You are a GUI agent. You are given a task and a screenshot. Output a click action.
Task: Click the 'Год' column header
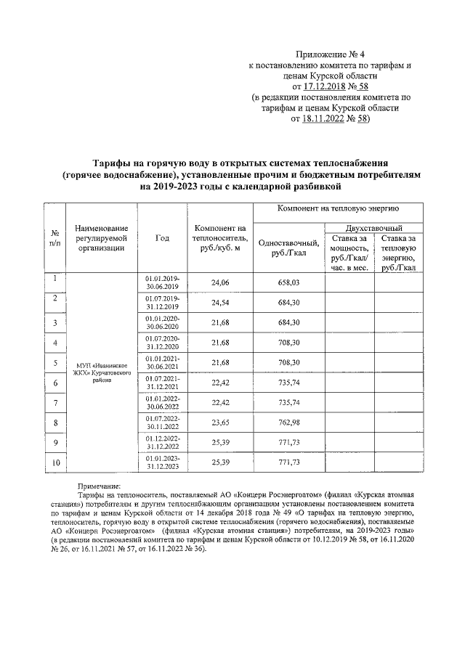pos(162,237)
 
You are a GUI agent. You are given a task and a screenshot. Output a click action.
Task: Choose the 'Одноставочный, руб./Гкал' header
pos(288,248)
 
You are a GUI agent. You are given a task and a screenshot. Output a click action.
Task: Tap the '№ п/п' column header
pos(55,237)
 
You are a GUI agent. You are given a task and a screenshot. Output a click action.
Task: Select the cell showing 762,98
pos(288,423)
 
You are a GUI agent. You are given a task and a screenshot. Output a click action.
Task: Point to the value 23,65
pos(219,423)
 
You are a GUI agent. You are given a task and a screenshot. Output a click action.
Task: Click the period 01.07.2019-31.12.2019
pos(163,303)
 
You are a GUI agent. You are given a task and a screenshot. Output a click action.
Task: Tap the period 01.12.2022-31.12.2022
pos(163,443)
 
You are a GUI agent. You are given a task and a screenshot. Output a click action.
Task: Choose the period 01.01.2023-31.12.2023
pos(163,462)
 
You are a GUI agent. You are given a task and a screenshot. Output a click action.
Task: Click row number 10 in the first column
pos(55,462)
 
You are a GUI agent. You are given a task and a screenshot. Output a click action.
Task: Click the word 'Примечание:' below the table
pos(100,486)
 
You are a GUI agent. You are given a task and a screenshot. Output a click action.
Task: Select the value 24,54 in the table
pos(219,303)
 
